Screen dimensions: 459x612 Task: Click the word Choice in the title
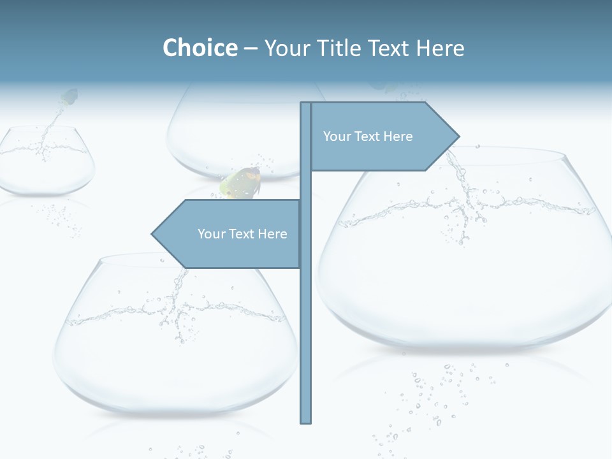click(x=200, y=48)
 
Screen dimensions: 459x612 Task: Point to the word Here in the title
click(x=440, y=48)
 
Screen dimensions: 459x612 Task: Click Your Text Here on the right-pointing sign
click(x=368, y=136)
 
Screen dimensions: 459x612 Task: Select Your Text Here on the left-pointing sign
click(x=242, y=234)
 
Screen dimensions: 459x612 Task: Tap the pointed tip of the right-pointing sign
click(x=458, y=136)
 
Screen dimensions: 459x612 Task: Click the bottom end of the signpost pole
click(x=306, y=421)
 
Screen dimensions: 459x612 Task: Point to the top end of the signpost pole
click(x=306, y=104)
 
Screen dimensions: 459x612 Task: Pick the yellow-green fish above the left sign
click(x=241, y=184)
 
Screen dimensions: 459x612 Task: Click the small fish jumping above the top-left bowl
click(x=69, y=98)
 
